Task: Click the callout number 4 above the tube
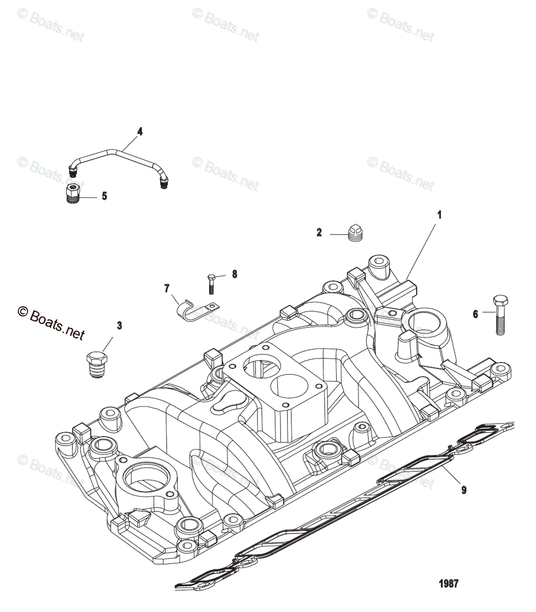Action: pos(140,132)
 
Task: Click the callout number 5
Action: pos(104,196)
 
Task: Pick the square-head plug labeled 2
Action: pos(354,233)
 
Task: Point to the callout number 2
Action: pos(319,233)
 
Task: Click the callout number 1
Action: pos(439,215)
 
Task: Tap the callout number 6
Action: pos(475,314)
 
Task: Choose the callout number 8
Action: pos(235,274)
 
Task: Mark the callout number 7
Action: pos(166,289)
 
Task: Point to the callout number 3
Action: pos(119,325)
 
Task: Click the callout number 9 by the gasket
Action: pos(464,490)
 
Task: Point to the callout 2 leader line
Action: pos(338,234)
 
